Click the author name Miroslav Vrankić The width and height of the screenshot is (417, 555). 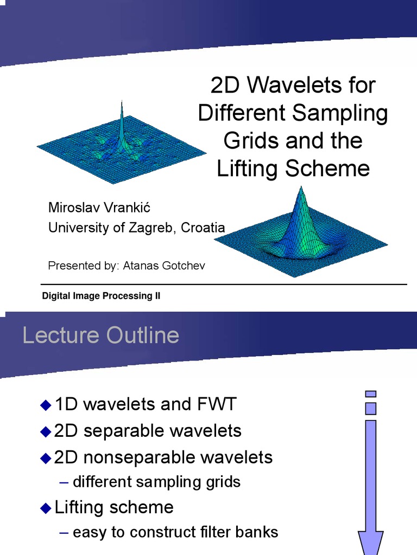(98, 208)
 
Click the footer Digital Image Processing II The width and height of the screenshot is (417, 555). (102, 296)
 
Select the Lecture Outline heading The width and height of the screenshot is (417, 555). (101, 335)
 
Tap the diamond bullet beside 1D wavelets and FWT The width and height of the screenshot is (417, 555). (45, 404)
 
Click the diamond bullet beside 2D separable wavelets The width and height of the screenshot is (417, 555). (45, 431)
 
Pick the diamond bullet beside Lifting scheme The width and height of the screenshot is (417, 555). (45, 508)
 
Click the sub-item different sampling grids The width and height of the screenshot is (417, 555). (156, 481)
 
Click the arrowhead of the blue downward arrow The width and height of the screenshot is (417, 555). (371, 542)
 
